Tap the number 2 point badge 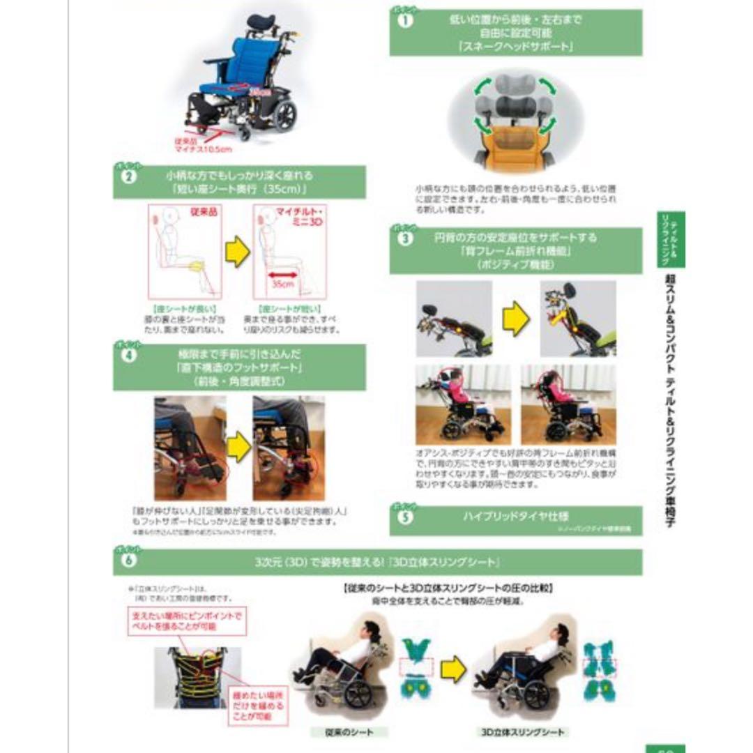(x=128, y=176)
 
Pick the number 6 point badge (x=128, y=558)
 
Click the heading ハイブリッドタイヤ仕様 (x=515, y=516)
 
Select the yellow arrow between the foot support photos (x=238, y=448)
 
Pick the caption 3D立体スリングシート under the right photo (x=523, y=732)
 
